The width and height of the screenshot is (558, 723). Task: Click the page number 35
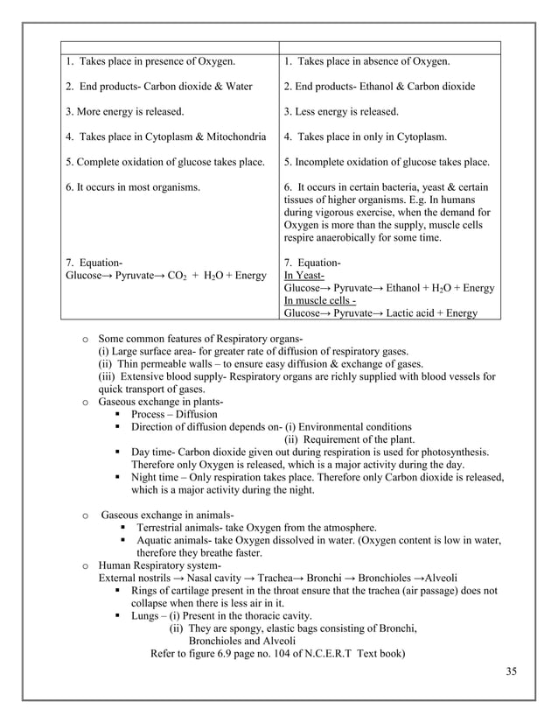(512, 670)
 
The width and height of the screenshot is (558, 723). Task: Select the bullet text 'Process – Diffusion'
(174, 414)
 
